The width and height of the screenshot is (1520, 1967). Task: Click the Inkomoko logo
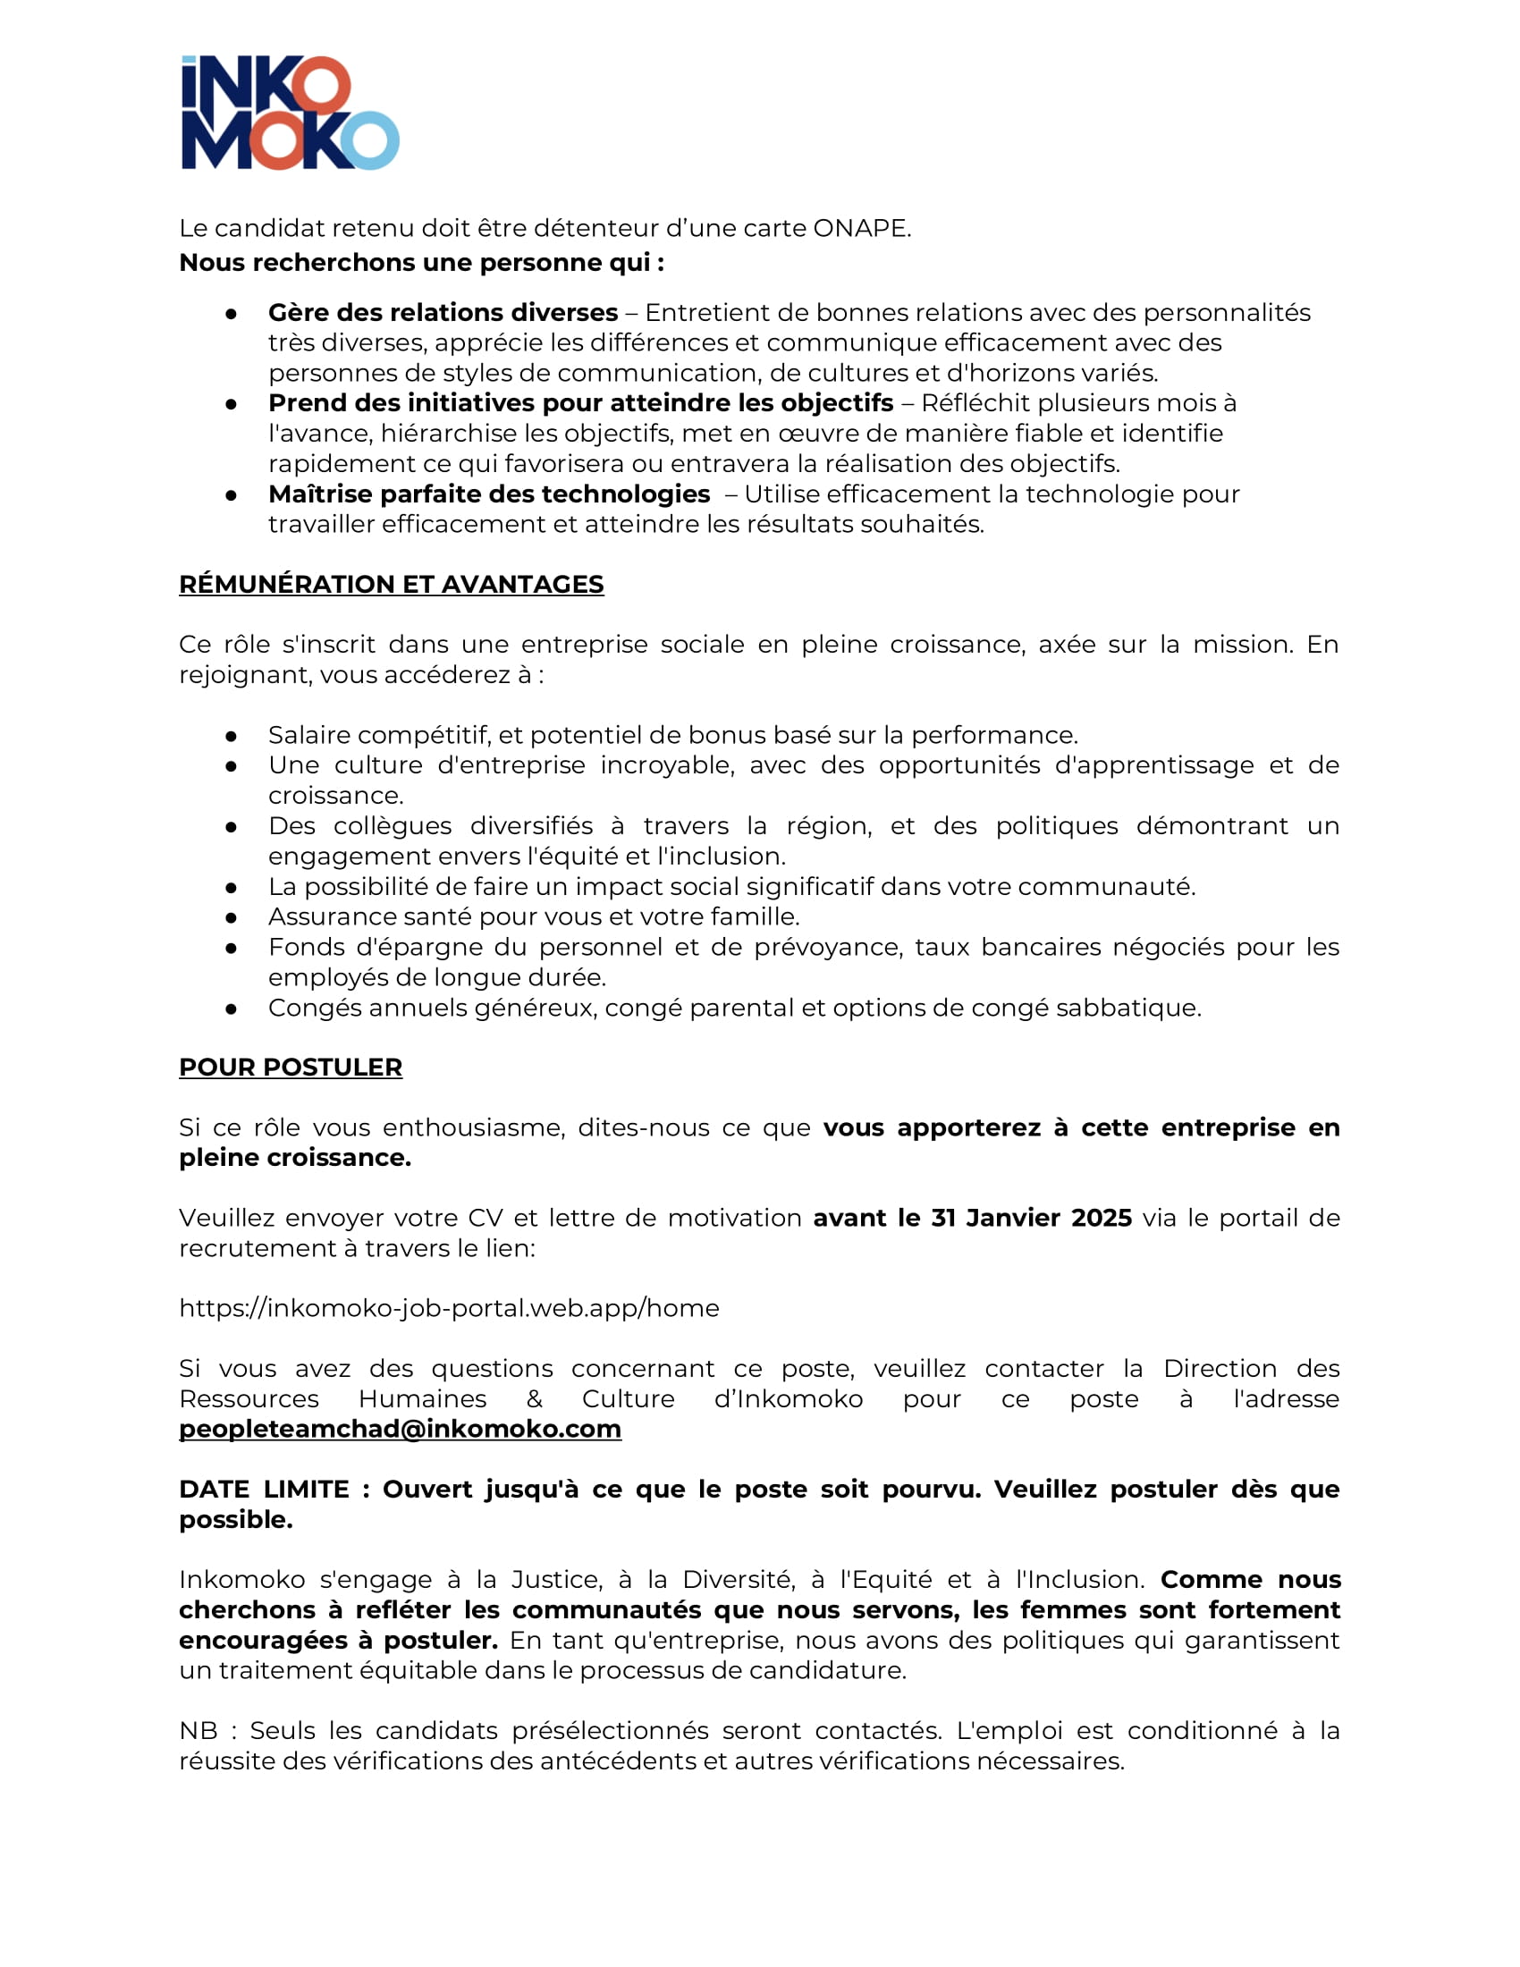pos(290,113)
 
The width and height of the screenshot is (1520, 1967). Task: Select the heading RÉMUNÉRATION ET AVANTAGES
pos(391,585)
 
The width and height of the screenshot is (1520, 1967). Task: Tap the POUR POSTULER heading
pos(290,1068)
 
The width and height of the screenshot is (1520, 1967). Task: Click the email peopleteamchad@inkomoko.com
pos(400,1430)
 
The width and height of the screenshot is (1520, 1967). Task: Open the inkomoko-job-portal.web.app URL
pos(449,1309)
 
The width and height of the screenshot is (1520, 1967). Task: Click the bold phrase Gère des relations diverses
pos(442,313)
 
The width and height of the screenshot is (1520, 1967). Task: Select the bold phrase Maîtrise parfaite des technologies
pos(489,494)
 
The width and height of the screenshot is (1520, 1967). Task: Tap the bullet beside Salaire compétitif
pos(232,736)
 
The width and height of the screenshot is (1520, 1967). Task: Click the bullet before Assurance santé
pos(232,917)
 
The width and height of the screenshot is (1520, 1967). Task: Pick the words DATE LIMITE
pos(264,1490)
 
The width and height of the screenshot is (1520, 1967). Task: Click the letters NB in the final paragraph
pos(198,1731)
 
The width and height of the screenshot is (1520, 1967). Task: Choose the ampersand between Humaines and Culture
pos(534,1399)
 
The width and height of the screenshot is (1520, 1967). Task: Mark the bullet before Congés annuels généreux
pos(232,1009)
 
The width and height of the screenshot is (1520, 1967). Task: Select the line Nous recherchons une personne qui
pos(421,263)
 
